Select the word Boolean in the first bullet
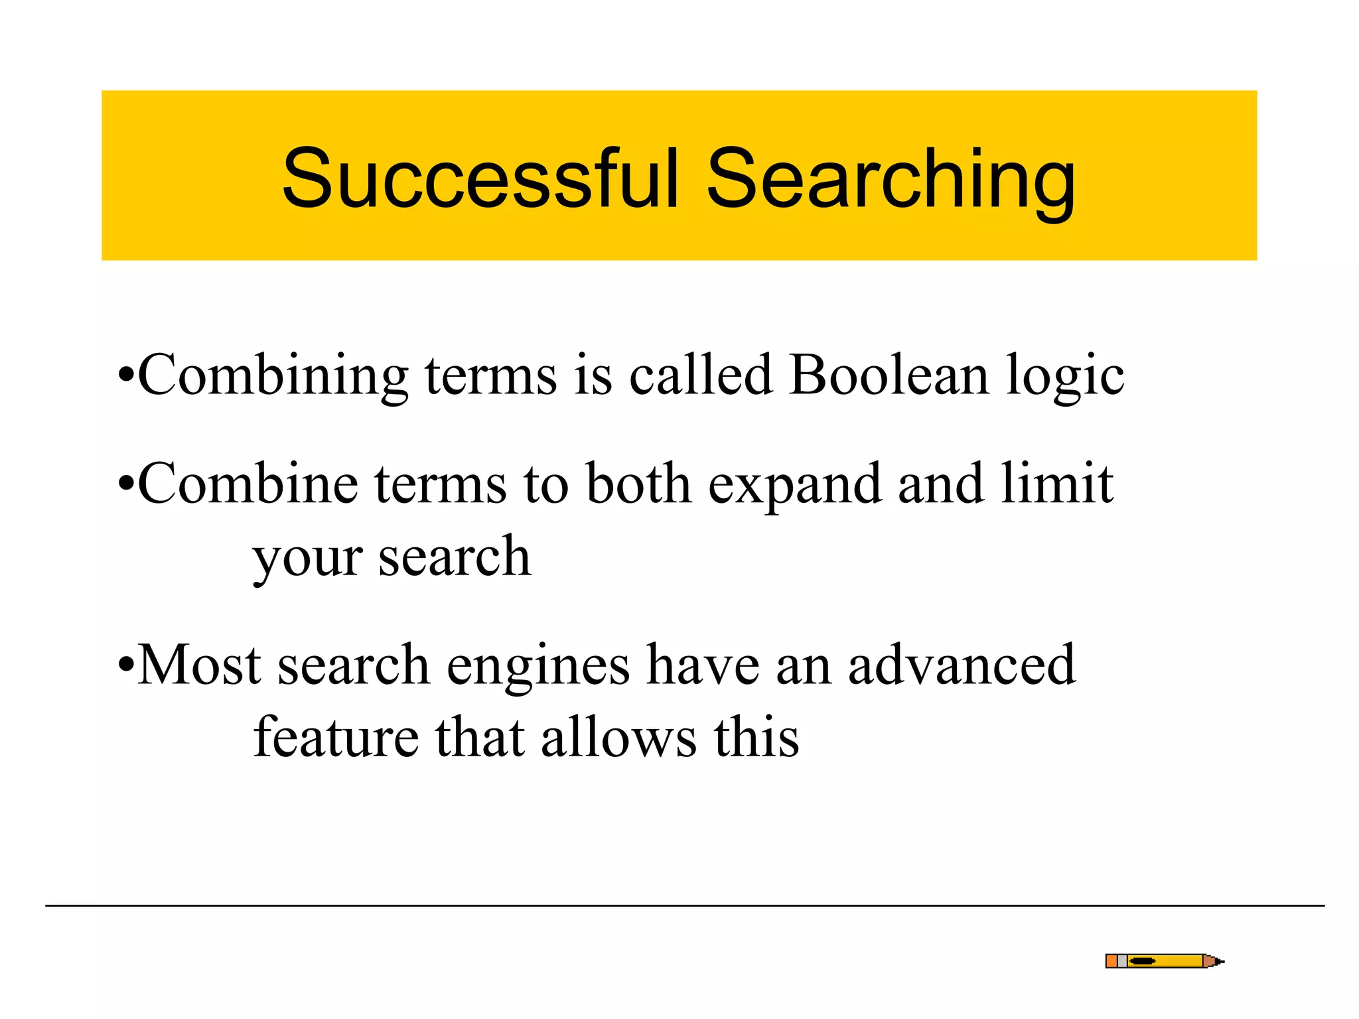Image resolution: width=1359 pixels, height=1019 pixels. pyautogui.click(x=889, y=375)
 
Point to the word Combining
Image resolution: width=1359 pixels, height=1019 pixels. pyautogui.click(x=273, y=377)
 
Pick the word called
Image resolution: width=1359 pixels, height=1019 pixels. pyautogui.click(x=701, y=375)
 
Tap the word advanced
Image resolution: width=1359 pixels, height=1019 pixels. pyautogui.click(x=962, y=665)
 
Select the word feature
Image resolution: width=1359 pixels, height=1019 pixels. pyautogui.click(x=336, y=738)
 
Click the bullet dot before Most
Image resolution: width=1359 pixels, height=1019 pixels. pyautogui.click(x=125, y=665)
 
